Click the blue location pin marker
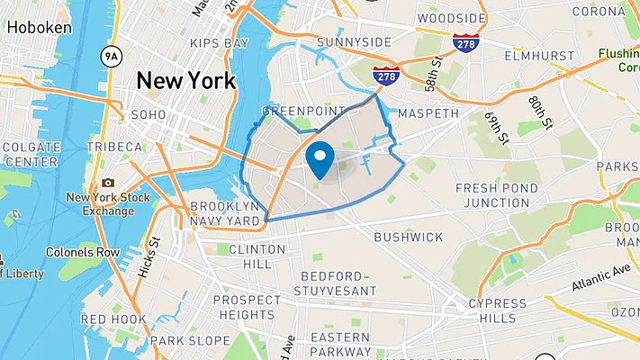pyautogui.click(x=320, y=159)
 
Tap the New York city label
pyautogui.click(x=185, y=80)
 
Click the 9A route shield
pyautogui.click(x=111, y=56)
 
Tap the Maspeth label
pyautogui.click(x=428, y=113)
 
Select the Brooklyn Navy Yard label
pyautogui.click(x=225, y=212)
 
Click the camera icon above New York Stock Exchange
pyautogui.click(x=109, y=183)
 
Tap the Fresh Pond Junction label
pyautogui.click(x=498, y=195)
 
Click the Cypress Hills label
pyautogui.click(x=498, y=310)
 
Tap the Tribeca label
pyautogui.click(x=114, y=147)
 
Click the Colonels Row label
pyautogui.click(x=83, y=253)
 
